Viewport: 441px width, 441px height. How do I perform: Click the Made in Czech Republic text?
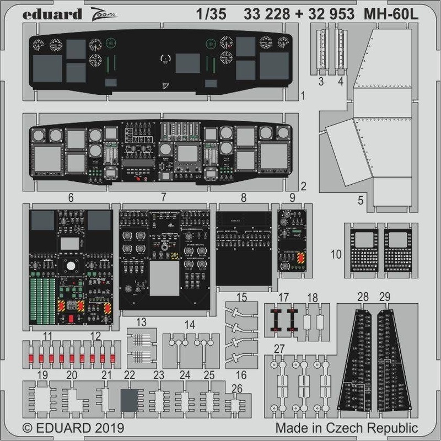point(347,428)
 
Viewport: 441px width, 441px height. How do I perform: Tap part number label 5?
point(360,201)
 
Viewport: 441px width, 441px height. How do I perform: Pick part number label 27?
point(279,348)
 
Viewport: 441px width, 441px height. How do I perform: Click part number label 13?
point(142,322)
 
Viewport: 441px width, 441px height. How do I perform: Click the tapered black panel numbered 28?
point(358,353)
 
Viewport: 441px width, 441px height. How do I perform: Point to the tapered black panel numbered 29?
point(390,353)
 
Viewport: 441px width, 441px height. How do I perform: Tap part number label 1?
point(303,96)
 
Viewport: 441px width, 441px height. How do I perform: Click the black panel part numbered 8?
point(243,248)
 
